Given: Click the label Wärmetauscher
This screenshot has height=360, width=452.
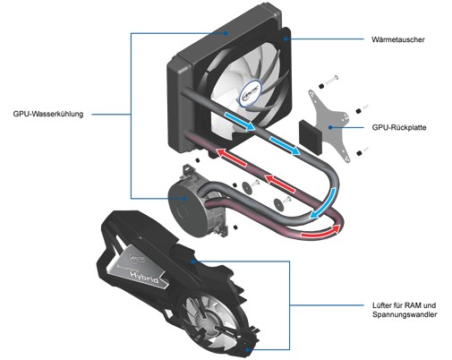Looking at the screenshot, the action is click(x=397, y=39).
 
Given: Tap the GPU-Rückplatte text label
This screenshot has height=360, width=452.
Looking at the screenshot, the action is click(x=399, y=127).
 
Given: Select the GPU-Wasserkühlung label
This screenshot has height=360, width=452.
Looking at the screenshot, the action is click(x=48, y=114).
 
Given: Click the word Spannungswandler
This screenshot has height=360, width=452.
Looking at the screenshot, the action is click(x=405, y=314).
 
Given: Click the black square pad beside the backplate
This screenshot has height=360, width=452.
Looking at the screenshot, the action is click(x=311, y=136).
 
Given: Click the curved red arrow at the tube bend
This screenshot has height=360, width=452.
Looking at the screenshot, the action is click(x=320, y=231).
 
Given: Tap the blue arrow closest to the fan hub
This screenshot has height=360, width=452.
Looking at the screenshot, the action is click(x=240, y=120).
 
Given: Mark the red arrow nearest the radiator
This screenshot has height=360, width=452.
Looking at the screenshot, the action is click(x=232, y=157).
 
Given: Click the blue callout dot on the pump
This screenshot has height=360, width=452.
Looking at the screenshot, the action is click(x=185, y=198).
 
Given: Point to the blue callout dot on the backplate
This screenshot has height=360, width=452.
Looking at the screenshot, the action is click(x=330, y=127).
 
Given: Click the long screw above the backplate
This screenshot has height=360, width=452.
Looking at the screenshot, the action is click(x=331, y=80).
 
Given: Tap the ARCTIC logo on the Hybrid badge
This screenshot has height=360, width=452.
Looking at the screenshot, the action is click(x=137, y=259).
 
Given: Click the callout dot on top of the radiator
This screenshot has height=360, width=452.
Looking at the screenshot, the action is click(x=226, y=33).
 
